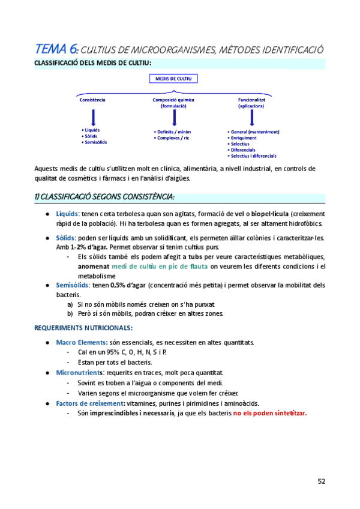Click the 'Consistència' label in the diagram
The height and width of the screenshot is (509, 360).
(x=92, y=100)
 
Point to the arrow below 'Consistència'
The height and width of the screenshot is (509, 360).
(x=93, y=115)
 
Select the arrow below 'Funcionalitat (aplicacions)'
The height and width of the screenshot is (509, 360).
(x=251, y=118)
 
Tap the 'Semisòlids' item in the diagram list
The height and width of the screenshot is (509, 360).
(x=95, y=142)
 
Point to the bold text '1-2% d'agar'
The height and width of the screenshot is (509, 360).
(x=89, y=247)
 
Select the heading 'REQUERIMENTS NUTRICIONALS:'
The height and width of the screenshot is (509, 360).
(x=83, y=328)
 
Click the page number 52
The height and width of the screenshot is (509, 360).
(x=322, y=481)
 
